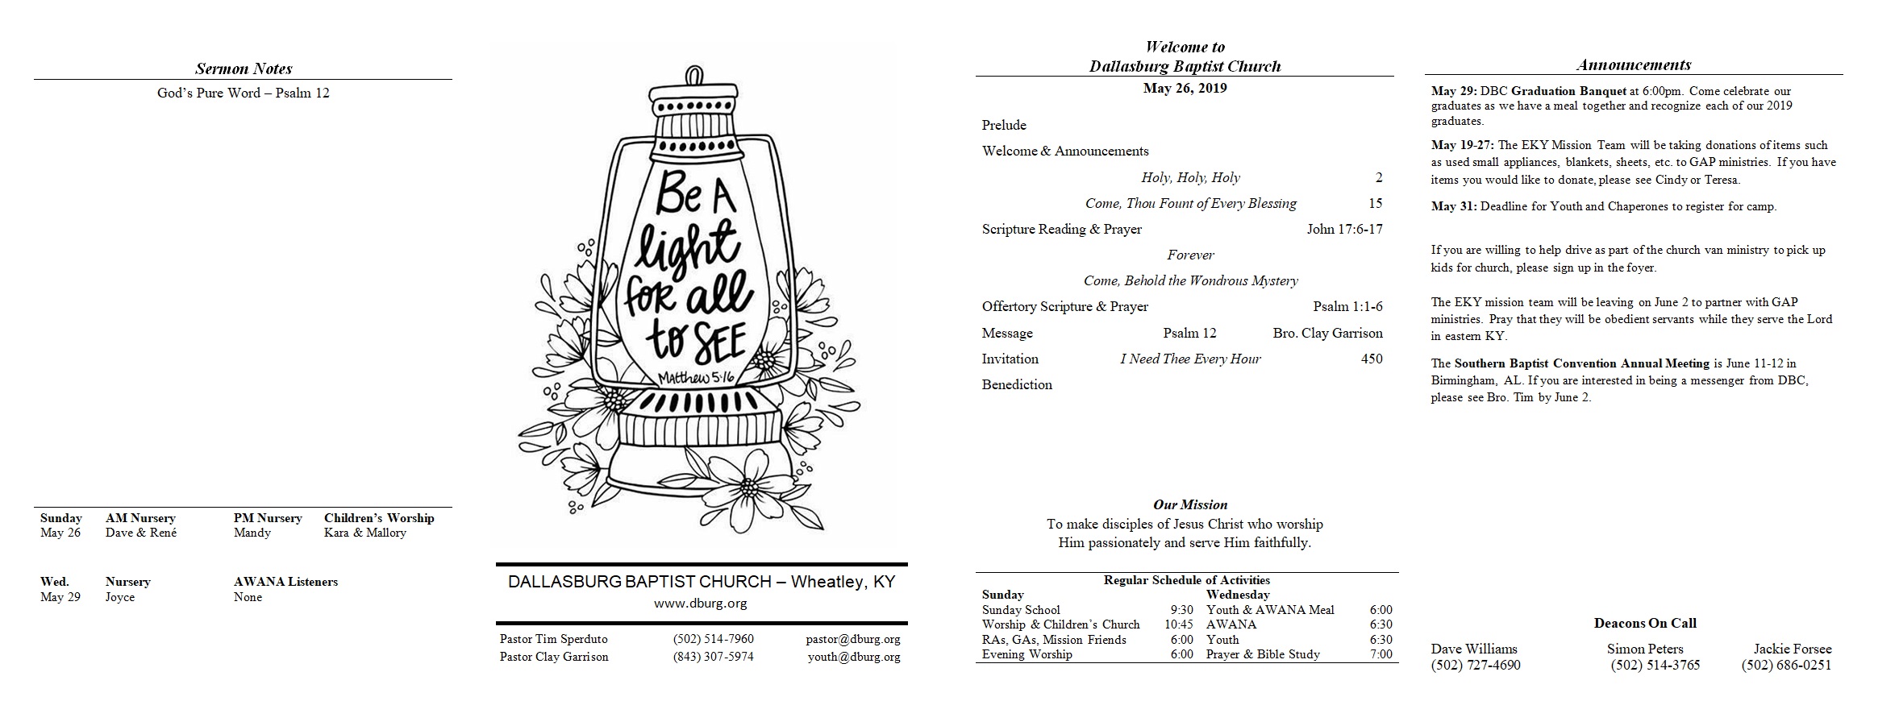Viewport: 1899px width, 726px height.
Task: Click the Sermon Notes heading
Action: (x=244, y=68)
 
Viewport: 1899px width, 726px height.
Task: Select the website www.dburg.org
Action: (x=701, y=603)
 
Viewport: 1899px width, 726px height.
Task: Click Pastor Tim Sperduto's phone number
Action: (x=714, y=639)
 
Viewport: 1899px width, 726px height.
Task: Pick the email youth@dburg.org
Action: (x=854, y=657)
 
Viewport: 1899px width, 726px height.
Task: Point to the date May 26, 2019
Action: (x=1185, y=89)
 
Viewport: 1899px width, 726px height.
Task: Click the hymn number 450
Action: (x=1372, y=359)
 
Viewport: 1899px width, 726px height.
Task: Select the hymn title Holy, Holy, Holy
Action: (x=1190, y=177)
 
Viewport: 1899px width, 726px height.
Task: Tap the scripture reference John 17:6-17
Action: (x=1345, y=229)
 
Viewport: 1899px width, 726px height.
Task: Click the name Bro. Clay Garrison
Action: (x=1327, y=333)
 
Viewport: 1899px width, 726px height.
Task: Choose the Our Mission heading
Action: (x=1190, y=504)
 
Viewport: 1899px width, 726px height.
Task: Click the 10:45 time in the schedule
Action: (x=1179, y=624)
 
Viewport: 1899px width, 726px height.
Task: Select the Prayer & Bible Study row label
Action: (x=1263, y=654)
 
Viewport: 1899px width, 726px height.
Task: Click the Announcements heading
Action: (x=1634, y=64)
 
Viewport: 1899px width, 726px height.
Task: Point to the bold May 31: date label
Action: (x=1455, y=206)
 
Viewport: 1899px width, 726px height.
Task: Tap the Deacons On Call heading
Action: (x=1645, y=623)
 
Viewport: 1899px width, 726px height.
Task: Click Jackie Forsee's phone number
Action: (x=1786, y=666)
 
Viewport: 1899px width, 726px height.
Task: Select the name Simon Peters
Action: (x=1645, y=649)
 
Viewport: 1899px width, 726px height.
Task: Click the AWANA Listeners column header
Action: (x=285, y=582)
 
